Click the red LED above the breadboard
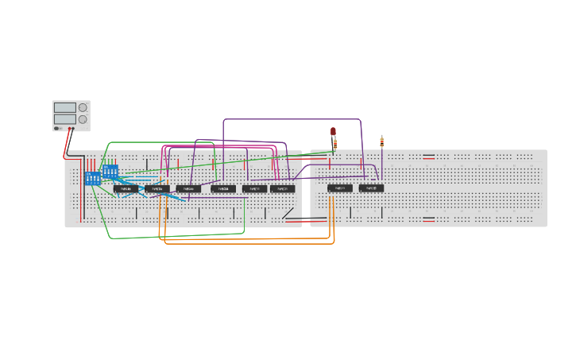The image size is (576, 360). [x=334, y=131]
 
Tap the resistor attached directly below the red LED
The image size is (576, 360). [x=334, y=145]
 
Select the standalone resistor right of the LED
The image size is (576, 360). [x=381, y=142]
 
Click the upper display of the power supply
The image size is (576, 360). [x=64, y=107]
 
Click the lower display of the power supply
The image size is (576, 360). [x=64, y=119]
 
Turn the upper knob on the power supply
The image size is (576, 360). [x=83, y=107]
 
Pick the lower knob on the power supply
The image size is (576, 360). [x=83, y=119]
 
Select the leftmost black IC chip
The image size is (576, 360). [x=126, y=189]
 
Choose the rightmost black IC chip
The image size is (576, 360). [x=371, y=188]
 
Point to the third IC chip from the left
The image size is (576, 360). [x=188, y=189]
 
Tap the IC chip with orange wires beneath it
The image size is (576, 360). [x=339, y=188]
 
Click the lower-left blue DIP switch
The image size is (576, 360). [x=92, y=178]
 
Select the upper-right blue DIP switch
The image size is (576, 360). [x=110, y=171]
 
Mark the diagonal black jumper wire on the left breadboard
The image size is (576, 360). [x=288, y=213]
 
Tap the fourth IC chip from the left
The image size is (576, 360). [x=223, y=189]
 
